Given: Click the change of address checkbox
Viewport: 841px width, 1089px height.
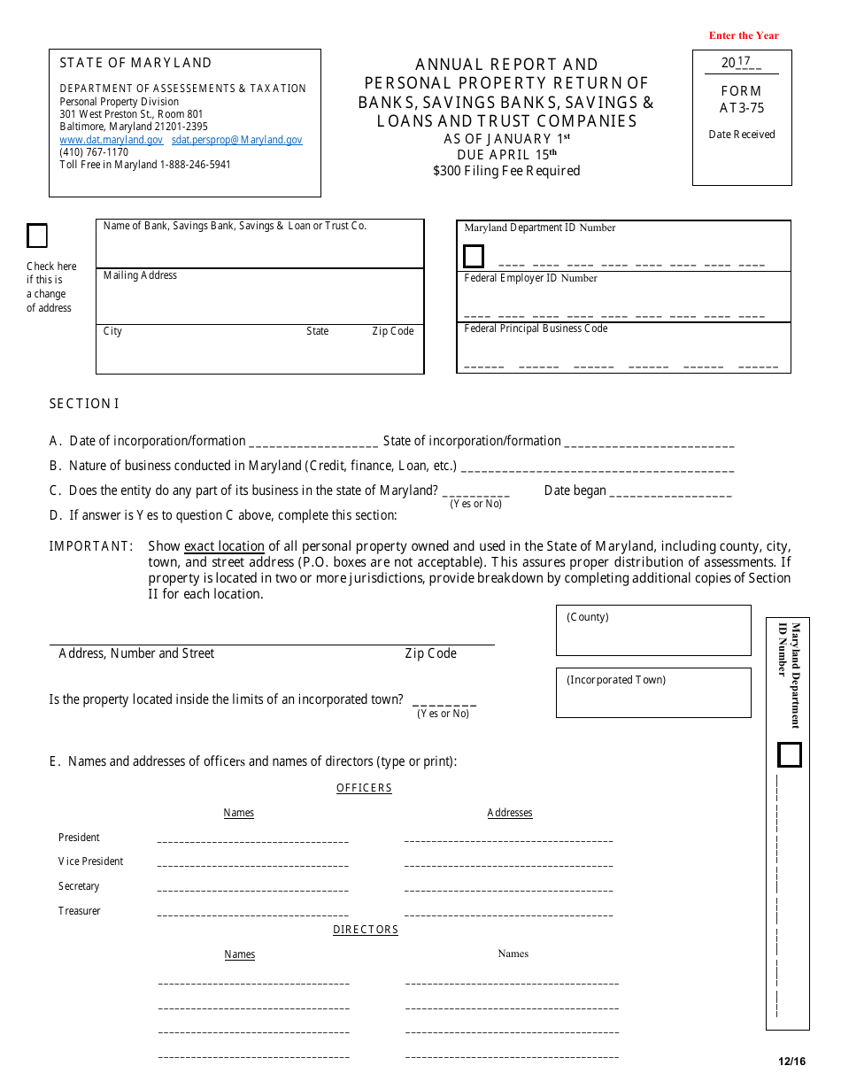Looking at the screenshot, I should (37, 236).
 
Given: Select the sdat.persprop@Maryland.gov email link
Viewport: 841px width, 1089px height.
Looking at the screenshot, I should (236, 140).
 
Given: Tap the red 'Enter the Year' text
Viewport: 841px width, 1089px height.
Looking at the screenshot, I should (744, 35).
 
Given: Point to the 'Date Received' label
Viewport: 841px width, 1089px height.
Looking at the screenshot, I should (742, 135).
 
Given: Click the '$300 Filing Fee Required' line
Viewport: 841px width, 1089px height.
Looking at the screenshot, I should (506, 171).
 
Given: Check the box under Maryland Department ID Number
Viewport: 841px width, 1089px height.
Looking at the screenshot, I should (474, 257).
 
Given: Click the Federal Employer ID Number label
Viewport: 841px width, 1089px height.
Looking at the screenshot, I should (530, 278).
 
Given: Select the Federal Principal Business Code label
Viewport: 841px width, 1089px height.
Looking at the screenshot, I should (536, 328).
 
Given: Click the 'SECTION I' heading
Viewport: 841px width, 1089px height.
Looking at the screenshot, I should (84, 404).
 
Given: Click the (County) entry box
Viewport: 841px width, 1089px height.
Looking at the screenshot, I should (653, 631).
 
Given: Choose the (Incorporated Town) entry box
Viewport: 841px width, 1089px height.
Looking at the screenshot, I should (653, 693).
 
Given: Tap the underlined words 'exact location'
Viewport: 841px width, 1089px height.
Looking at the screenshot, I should (224, 546).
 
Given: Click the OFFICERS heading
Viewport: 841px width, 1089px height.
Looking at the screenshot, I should (364, 788).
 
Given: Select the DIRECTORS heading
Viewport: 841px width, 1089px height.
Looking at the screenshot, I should (366, 930).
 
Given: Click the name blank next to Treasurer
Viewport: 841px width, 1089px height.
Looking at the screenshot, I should (252, 911).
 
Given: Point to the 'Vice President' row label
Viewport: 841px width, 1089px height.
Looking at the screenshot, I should (90, 861).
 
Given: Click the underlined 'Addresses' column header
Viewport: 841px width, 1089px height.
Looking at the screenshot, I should (510, 813).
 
